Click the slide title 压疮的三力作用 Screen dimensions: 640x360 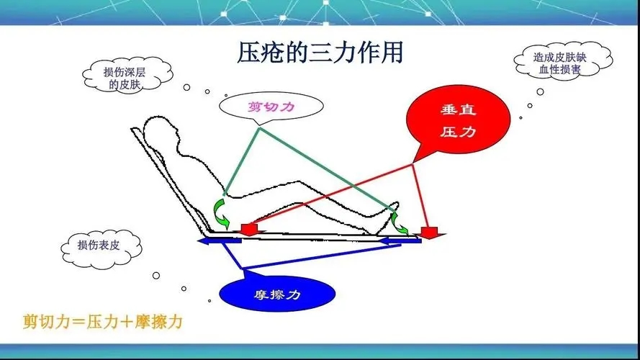click(320, 53)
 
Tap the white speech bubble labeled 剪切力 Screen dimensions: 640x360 click(271, 106)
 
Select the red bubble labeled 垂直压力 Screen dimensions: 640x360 click(458, 120)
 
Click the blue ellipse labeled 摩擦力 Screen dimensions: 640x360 click(277, 294)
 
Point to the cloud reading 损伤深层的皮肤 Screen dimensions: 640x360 click(127, 76)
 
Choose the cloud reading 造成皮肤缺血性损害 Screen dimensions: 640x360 click(562, 63)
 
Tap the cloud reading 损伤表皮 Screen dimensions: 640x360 click(101, 248)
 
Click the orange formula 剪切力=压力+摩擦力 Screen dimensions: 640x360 click(102, 322)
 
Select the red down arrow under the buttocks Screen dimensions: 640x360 click(249, 229)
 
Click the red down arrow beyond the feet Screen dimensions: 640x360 click(429, 233)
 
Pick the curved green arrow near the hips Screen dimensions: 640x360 click(220, 212)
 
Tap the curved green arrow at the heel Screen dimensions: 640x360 click(398, 223)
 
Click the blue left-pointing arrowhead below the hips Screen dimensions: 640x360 click(204, 241)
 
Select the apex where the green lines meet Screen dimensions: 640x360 click(259, 128)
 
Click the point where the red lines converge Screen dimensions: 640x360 click(413, 164)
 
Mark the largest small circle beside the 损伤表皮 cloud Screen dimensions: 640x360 click(156, 276)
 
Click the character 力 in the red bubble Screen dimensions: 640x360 click(469, 132)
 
